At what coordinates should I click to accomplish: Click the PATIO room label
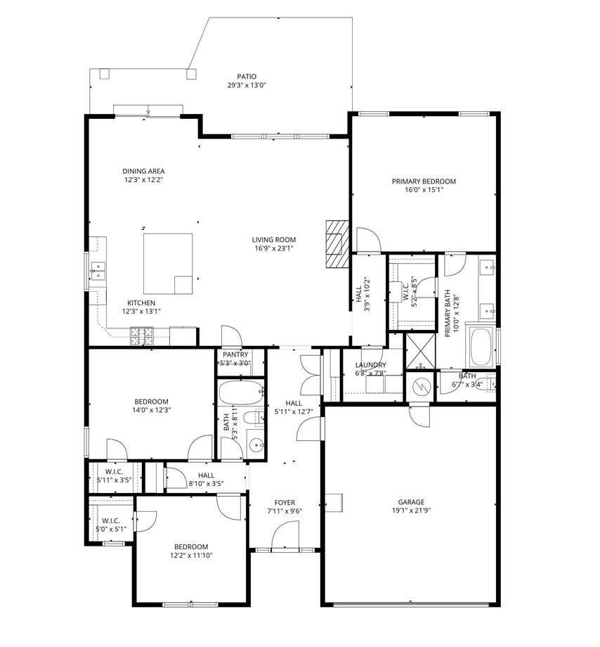click(246, 77)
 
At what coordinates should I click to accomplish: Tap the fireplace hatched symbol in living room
click(337, 243)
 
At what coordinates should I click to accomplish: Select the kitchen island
click(168, 263)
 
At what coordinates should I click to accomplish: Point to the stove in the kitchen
click(141, 337)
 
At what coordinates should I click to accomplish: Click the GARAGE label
click(411, 502)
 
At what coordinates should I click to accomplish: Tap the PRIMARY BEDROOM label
click(424, 181)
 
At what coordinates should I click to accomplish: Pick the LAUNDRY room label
click(370, 365)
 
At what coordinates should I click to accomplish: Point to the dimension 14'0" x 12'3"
click(148, 410)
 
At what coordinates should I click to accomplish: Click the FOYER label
click(285, 502)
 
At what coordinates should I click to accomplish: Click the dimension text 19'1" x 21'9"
click(411, 511)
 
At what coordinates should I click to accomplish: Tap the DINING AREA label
click(143, 171)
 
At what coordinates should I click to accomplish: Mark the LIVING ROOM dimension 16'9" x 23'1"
click(273, 248)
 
